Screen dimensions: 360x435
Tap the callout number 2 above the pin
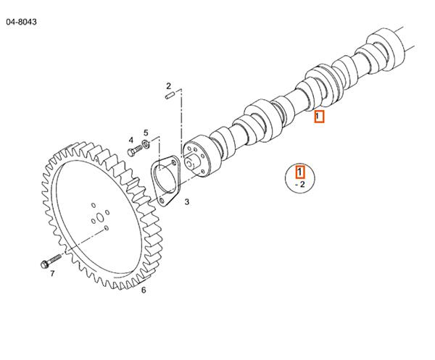(169, 85)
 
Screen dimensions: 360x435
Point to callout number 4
(131, 140)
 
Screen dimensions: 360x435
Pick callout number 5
(146, 133)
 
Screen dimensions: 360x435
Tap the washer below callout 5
(146, 145)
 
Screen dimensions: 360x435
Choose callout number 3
(186, 202)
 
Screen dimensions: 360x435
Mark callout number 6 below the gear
(144, 290)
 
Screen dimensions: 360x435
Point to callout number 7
(52, 273)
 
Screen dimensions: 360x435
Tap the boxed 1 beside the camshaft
(319, 117)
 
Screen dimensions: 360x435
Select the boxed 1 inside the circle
(300, 172)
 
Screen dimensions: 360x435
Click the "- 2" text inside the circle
(300, 185)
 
